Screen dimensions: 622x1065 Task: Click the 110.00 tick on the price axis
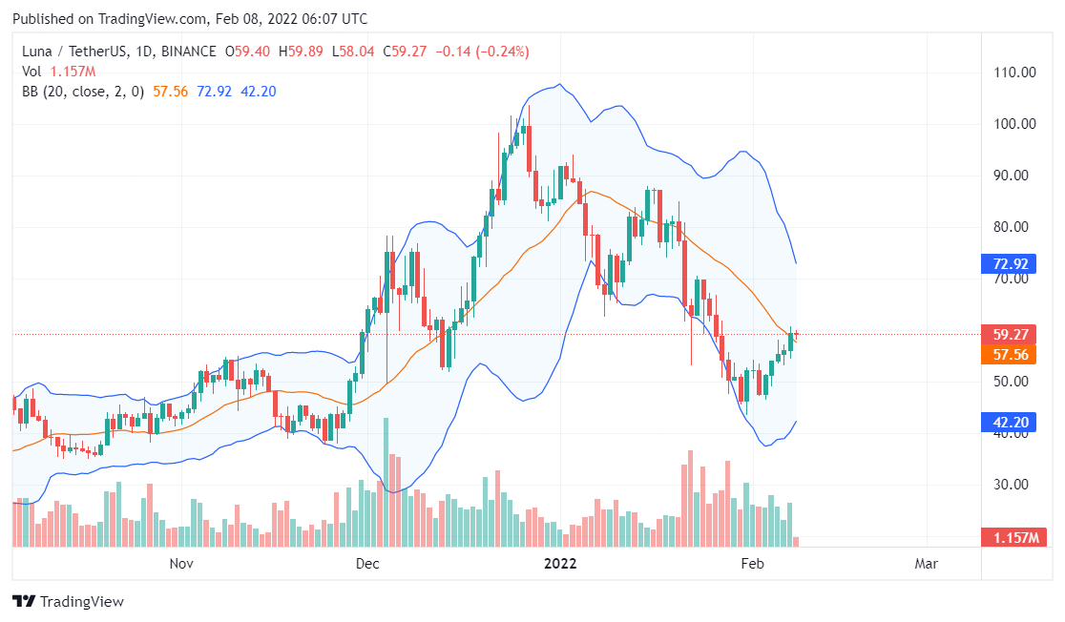click(x=1015, y=73)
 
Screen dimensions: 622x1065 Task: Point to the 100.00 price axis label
click(x=1015, y=124)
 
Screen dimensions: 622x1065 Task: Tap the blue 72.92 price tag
click(x=1010, y=263)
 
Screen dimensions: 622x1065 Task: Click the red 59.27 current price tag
click(x=1010, y=335)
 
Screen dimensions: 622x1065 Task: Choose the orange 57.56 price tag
click(x=1010, y=355)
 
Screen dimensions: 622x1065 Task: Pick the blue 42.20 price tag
click(x=1010, y=423)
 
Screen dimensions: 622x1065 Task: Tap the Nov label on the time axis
click(x=181, y=564)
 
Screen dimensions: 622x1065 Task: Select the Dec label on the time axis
click(x=367, y=564)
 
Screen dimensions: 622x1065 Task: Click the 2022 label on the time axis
click(x=560, y=564)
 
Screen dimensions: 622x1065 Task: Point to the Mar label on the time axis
click(x=926, y=564)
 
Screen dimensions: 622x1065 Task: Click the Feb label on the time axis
click(x=752, y=564)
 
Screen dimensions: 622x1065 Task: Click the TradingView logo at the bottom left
click(x=68, y=602)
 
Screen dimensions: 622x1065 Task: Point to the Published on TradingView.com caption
click(x=191, y=19)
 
